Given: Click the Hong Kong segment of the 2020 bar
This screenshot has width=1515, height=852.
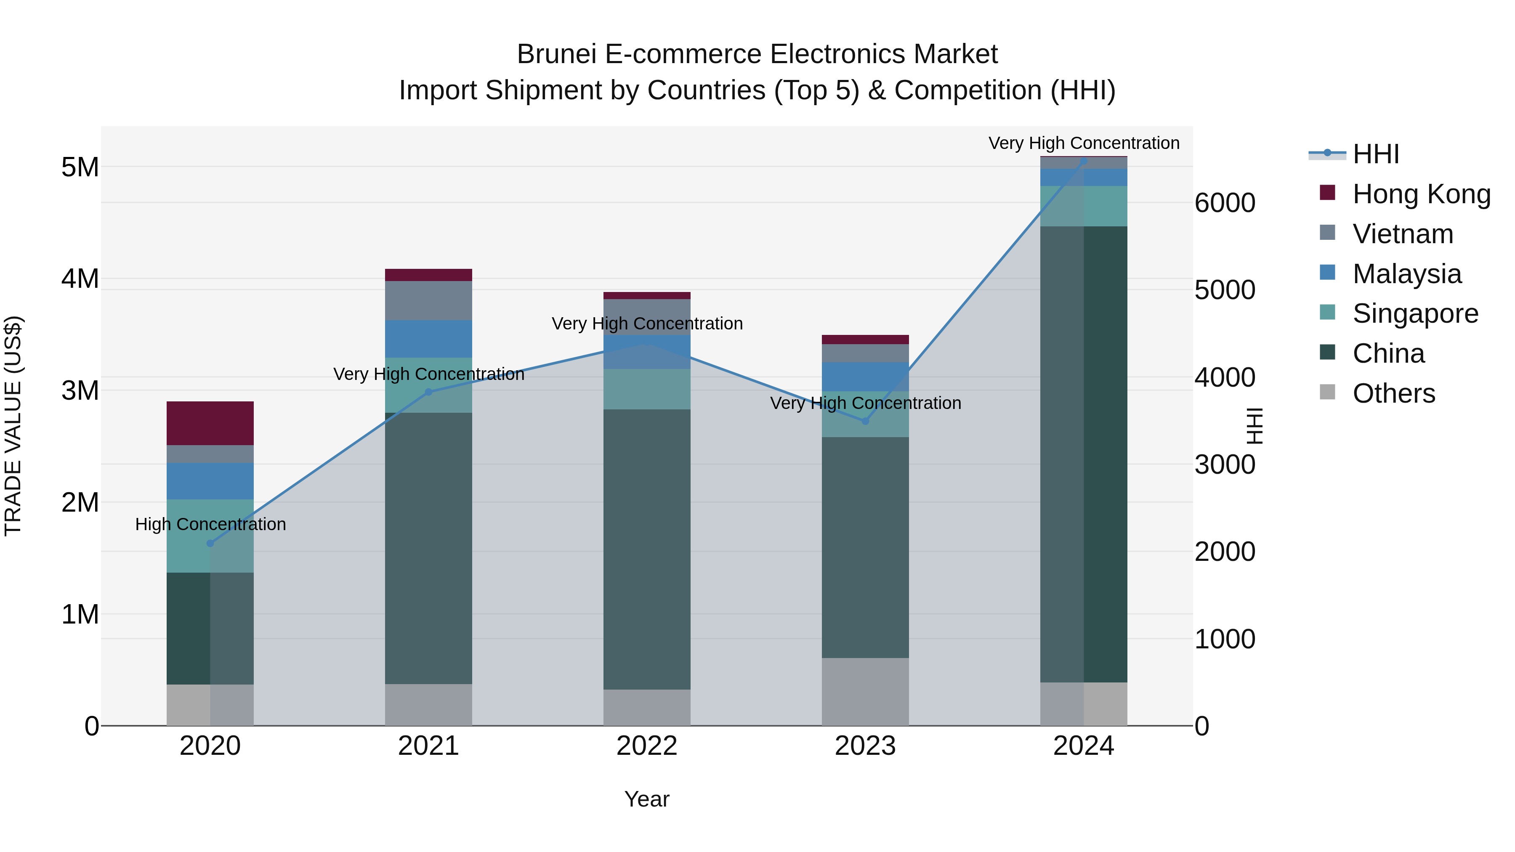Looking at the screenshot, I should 210,423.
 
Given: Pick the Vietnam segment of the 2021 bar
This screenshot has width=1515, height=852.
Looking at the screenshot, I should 428,300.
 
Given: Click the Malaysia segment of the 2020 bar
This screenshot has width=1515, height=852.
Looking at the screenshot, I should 210,480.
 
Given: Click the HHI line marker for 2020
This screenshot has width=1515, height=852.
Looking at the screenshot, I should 210,543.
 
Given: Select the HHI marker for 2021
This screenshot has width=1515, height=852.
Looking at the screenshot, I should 428,392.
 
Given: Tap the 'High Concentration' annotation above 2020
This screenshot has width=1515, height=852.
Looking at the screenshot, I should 210,524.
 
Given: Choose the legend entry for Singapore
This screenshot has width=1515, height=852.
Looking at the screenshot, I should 1415,313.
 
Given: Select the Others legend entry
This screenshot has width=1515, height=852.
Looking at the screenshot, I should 1393,393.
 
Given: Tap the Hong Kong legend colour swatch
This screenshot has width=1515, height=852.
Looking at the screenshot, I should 1327,193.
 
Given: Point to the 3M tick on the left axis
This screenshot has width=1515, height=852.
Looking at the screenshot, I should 80,390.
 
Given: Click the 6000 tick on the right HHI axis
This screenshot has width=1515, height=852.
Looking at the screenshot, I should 1225,203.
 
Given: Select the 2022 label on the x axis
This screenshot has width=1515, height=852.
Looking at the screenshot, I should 646,746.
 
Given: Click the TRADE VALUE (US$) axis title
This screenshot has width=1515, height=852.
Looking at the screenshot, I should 13,426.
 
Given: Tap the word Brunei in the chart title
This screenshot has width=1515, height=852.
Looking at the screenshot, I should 556,54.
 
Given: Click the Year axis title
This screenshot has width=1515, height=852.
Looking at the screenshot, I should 646,799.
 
